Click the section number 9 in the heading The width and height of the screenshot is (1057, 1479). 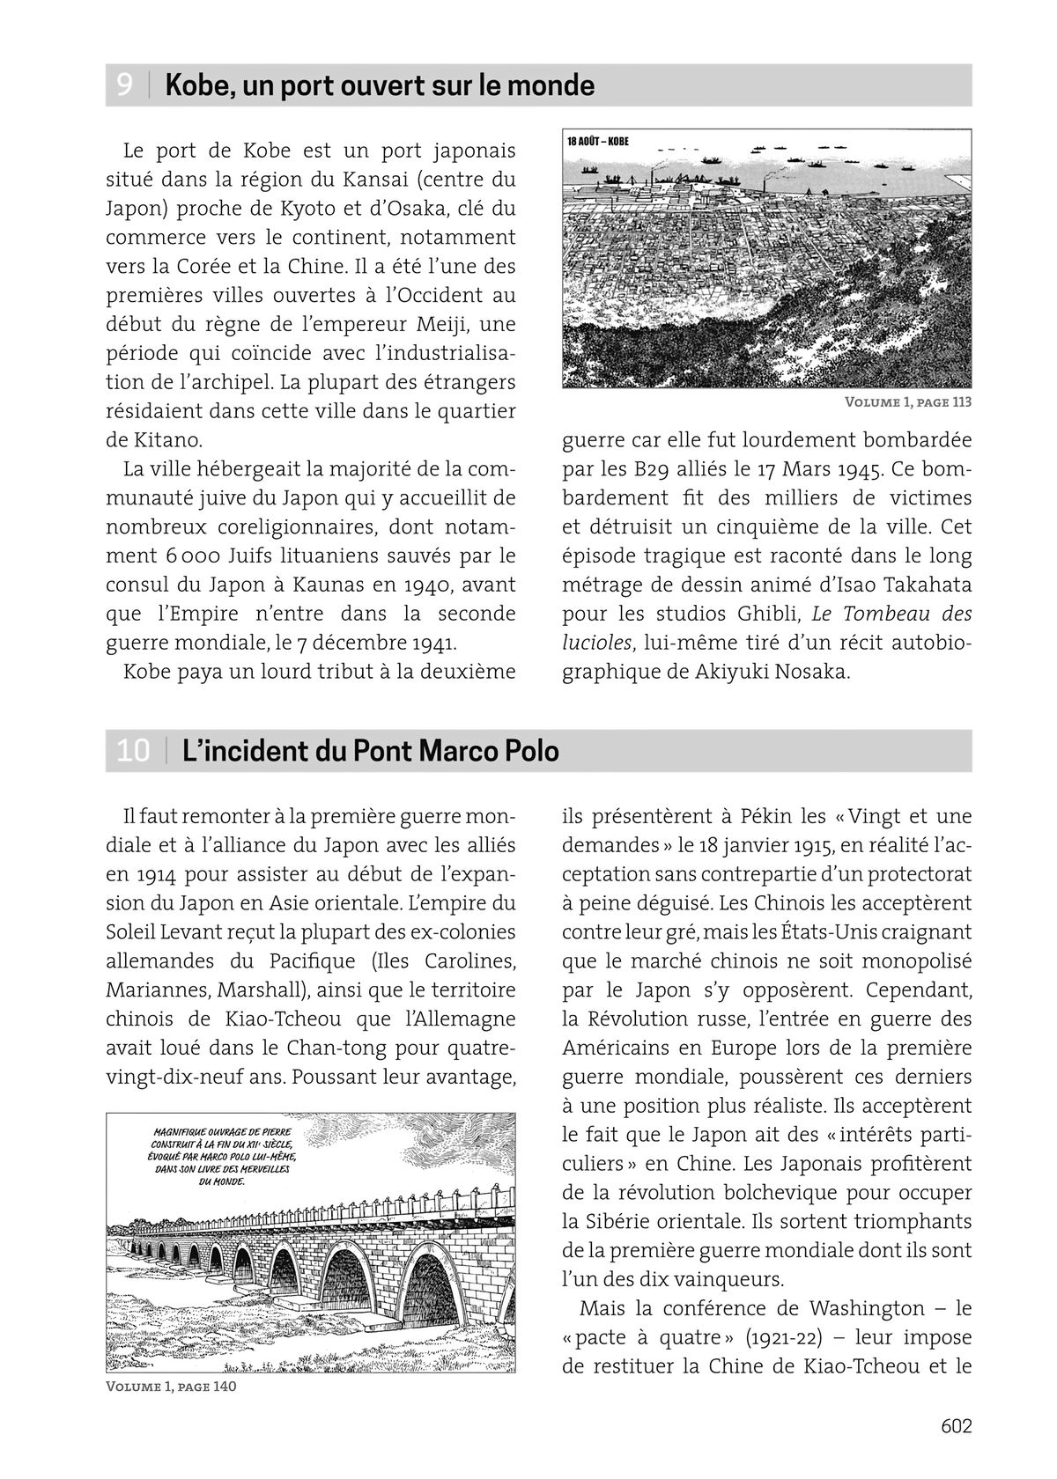click(125, 86)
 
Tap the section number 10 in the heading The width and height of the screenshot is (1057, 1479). click(133, 752)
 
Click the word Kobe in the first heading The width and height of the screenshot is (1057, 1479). click(196, 86)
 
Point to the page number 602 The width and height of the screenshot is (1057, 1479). click(956, 1425)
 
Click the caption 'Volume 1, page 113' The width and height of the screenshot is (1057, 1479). click(907, 402)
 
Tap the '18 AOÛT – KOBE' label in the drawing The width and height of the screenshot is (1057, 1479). click(598, 140)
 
